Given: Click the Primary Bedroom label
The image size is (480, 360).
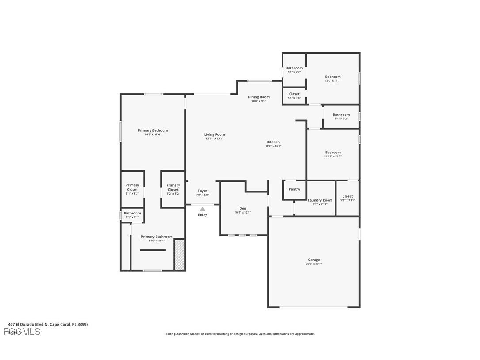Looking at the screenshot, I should pyautogui.click(x=152, y=130).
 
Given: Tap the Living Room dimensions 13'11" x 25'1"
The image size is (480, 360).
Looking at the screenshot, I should pyautogui.click(x=214, y=138).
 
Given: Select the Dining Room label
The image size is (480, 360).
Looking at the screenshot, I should pyautogui.click(x=259, y=97).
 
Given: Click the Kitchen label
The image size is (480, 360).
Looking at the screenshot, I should pyautogui.click(x=273, y=142).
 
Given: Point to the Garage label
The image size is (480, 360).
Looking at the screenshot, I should pyautogui.click(x=314, y=260).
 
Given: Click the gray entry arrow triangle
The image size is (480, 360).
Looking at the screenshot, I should pyautogui.click(x=202, y=209).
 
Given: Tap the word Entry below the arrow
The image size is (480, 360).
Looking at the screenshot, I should pyautogui.click(x=202, y=215).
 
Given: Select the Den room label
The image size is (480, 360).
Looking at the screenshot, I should pyautogui.click(x=243, y=208).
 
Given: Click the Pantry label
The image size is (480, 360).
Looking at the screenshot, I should pyautogui.click(x=294, y=189).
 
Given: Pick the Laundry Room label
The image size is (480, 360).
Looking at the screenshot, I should pyautogui.click(x=320, y=200).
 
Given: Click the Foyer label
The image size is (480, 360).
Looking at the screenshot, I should pyautogui.click(x=202, y=191).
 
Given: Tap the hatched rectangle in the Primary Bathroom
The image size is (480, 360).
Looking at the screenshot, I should pyautogui.click(x=179, y=254).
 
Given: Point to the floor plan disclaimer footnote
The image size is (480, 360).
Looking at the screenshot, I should pyautogui.click(x=240, y=334).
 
